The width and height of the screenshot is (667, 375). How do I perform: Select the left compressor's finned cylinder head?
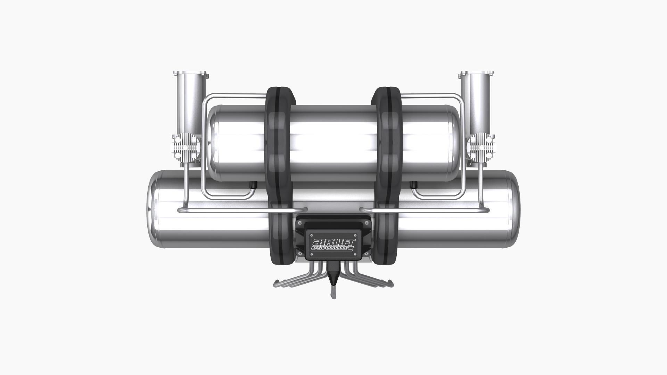[x=187, y=148]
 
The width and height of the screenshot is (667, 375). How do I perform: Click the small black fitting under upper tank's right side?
[x=413, y=184]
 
